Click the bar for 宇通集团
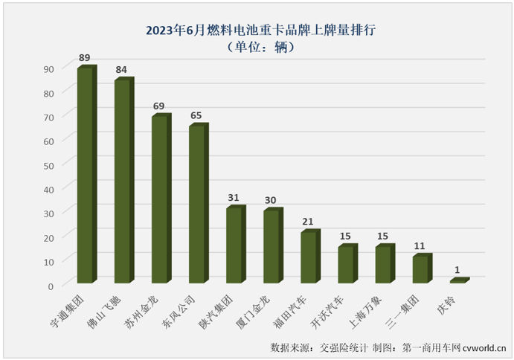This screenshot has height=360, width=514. pos(86,175)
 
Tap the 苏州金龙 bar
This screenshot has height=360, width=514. pos(160,199)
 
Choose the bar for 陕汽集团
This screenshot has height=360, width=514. pos(234,245)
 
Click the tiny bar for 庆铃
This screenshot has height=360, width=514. pos(458,280)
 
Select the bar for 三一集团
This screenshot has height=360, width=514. pos(421,269)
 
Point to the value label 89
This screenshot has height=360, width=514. pos(86,57)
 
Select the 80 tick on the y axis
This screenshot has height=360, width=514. pos(49,93)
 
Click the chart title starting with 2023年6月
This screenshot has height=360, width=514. pos(257,30)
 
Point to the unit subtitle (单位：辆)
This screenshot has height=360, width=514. pos(257,47)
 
